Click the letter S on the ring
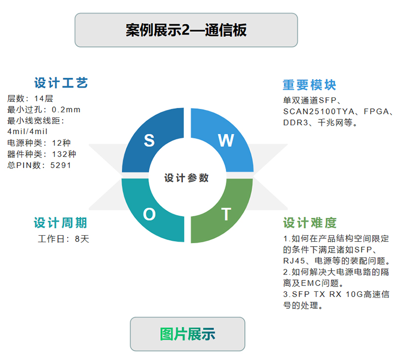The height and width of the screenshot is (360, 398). click(149, 140)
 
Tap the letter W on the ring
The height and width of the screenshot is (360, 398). click(226, 140)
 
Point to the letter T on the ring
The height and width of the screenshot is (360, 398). click(226, 214)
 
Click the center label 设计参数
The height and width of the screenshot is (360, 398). click(187, 178)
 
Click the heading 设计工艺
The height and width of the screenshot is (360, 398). click(61, 83)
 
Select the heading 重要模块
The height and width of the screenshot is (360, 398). click(309, 85)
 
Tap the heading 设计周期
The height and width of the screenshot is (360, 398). click(60, 223)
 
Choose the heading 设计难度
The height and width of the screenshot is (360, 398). click(310, 223)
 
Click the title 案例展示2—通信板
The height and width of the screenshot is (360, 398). click(186, 30)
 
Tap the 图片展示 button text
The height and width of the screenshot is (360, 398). click(188, 334)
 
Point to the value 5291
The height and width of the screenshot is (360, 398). click(61, 166)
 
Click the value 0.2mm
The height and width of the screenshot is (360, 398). click(66, 110)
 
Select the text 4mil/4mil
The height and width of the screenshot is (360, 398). click(27, 132)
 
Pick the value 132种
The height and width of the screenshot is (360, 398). click(64, 154)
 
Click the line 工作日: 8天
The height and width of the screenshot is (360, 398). click(64, 239)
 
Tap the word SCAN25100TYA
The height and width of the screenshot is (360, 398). click(319, 111)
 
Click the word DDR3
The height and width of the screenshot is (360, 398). click(296, 123)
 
